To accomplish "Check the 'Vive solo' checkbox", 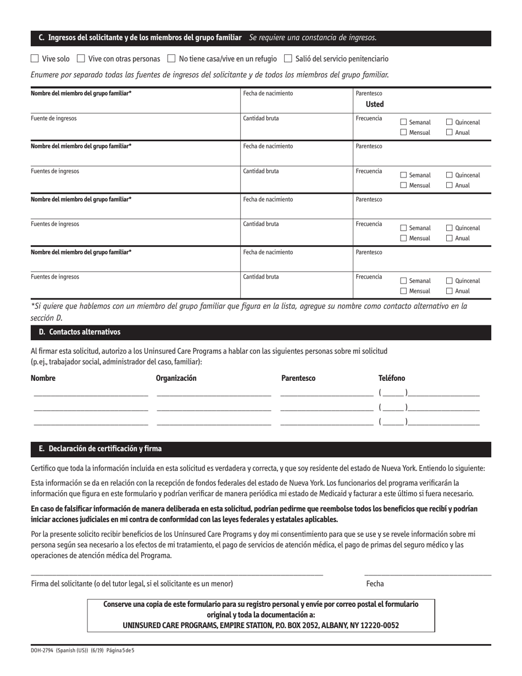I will click(x=35, y=58).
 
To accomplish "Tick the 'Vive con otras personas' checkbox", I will click(x=81, y=58).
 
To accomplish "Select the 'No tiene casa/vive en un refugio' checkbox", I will click(x=171, y=58).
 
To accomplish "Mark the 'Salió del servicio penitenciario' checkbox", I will click(x=288, y=58).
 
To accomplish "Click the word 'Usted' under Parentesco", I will click(x=375, y=104).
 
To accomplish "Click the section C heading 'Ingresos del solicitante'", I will click(x=140, y=38).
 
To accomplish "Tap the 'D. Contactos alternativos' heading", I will click(x=80, y=332).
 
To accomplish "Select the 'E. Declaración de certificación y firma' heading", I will click(x=100, y=448).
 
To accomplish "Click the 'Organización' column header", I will click(x=176, y=378).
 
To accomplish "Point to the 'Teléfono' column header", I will click(x=392, y=378).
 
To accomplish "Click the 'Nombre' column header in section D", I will click(x=43, y=378).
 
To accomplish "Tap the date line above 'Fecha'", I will click(x=427, y=574).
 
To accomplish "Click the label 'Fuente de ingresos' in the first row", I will click(x=54, y=118).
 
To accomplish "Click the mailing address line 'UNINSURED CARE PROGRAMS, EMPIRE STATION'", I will click(x=260, y=625).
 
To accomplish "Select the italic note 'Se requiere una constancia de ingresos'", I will click(x=313, y=38).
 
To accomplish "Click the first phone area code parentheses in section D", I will click(x=393, y=393).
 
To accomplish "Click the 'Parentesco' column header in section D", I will click(x=298, y=378).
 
